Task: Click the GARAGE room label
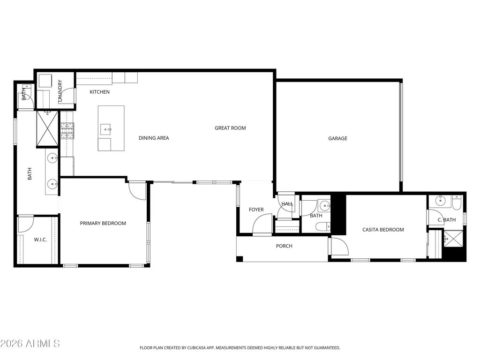click(337, 138)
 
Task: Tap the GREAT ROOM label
click(230, 128)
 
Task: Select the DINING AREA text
click(154, 138)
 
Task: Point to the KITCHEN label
click(99, 92)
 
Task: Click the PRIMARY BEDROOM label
click(103, 224)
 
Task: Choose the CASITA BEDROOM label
click(383, 230)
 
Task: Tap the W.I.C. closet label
click(40, 240)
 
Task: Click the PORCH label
click(284, 246)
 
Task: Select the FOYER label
click(256, 210)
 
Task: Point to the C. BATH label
click(446, 220)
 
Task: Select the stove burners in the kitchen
click(67, 131)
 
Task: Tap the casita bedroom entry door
click(338, 247)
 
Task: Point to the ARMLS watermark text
click(30, 344)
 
